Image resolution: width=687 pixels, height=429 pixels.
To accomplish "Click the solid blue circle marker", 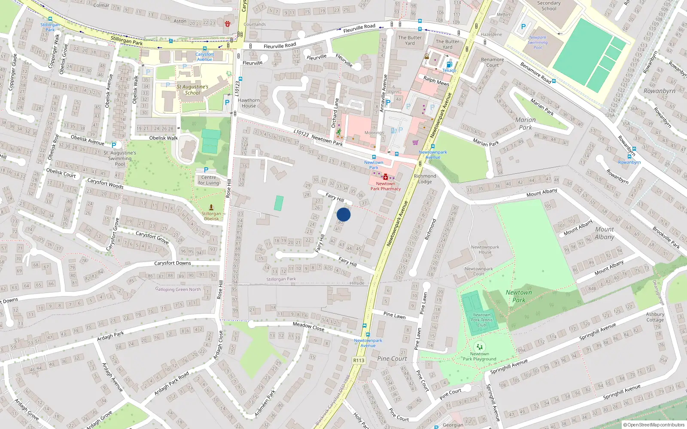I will [343, 214].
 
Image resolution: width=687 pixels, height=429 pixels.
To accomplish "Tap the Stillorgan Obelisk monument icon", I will [211, 207].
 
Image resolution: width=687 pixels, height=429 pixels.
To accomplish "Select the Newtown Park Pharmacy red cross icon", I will [386, 177].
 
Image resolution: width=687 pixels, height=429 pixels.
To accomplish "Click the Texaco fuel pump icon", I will [449, 64].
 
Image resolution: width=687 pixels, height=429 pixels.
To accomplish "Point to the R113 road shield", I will [359, 360].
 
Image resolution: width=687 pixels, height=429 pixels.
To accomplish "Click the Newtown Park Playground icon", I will [479, 347].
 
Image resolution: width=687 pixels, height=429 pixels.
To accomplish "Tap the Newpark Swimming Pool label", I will [538, 42].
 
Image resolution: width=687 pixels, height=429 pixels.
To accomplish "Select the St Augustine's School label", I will [192, 90].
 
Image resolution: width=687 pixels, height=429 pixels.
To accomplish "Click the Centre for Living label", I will [209, 180].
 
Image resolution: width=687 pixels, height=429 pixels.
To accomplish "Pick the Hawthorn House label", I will [249, 103].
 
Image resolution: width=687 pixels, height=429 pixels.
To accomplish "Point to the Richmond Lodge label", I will [425, 179].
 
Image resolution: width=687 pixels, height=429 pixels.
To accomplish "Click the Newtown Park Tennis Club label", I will [482, 320].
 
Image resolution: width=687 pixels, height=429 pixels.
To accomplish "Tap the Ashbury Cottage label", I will [655, 317].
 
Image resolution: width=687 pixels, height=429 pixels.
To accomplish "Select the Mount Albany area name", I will [605, 233].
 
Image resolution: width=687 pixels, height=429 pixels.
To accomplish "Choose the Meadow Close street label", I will [308, 326].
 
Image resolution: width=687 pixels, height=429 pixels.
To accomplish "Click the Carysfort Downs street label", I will [173, 263].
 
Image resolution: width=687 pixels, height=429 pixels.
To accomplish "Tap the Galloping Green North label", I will [178, 290].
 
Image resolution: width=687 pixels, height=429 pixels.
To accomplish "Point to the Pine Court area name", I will [392, 359].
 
